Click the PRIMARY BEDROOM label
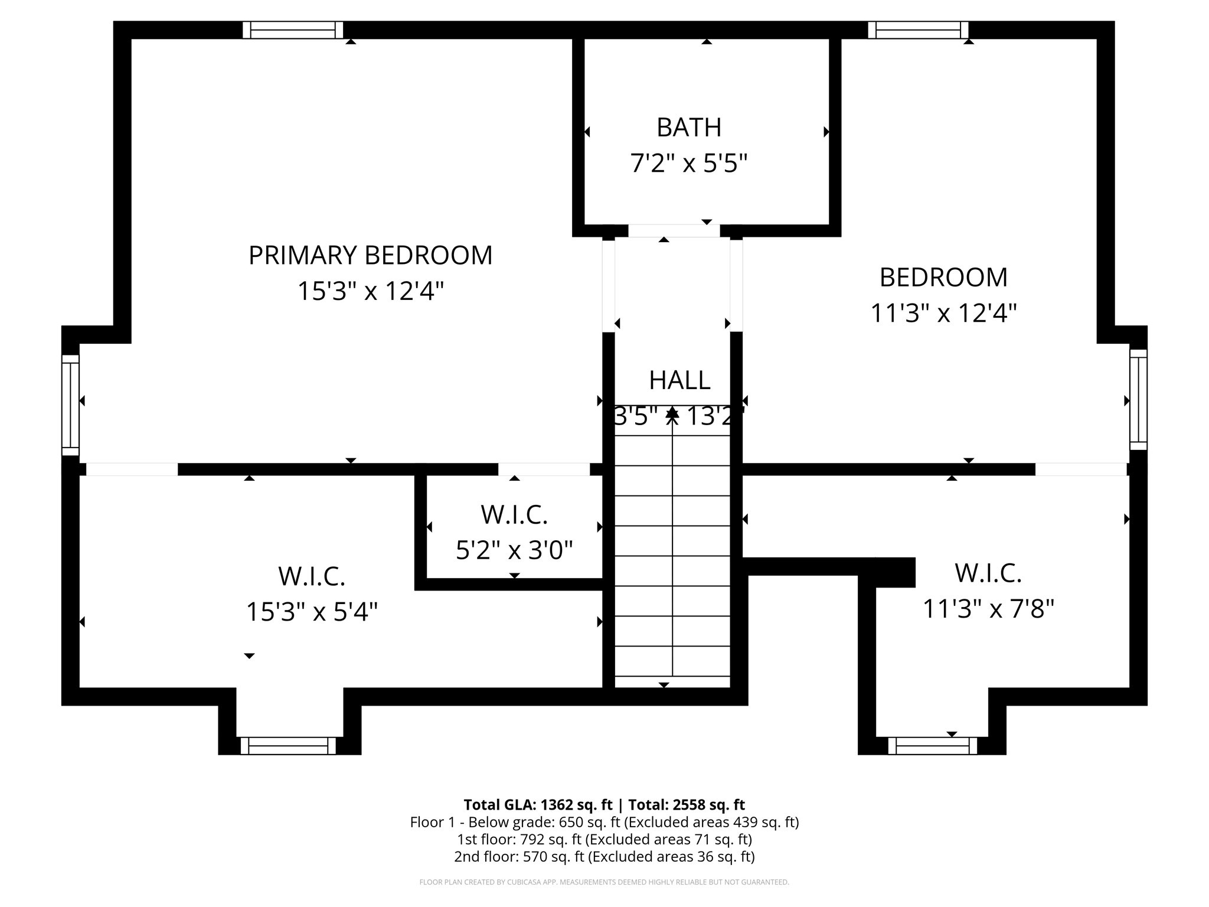click(x=370, y=255)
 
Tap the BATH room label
click(x=689, y=128)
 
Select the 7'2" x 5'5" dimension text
click(x=689, y=164)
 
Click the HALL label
click(x=679, y=381)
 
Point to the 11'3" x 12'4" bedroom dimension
click(x=943, y=314)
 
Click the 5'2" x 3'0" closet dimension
click(x=514, y=551)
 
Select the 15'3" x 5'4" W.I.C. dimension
click(x=311, y=612)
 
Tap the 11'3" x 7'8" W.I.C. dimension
click(x=988, y=609)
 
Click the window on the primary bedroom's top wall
click(x=293, y=30)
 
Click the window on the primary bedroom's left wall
click(x=70, y=405)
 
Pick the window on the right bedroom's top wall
click(x=918, y=30)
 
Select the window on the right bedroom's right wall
click(x=1138, y=400)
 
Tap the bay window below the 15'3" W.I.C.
click(x=288, y=746)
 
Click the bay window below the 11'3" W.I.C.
click(x=933, y=746)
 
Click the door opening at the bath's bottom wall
click(x=674, y=231)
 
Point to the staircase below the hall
click(x=672, y=555)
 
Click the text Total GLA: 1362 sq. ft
click(x=538, y=805)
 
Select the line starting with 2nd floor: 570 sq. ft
click(x=604, y=856)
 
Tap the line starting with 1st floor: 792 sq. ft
click(x=604, y=839)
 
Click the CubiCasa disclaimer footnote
click(x=604, y=882)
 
